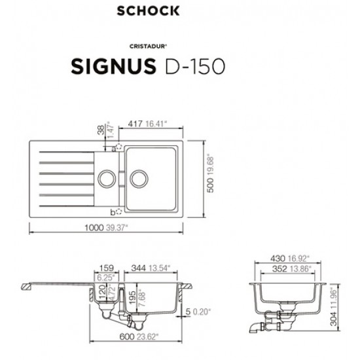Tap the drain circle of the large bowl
point(138,177)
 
